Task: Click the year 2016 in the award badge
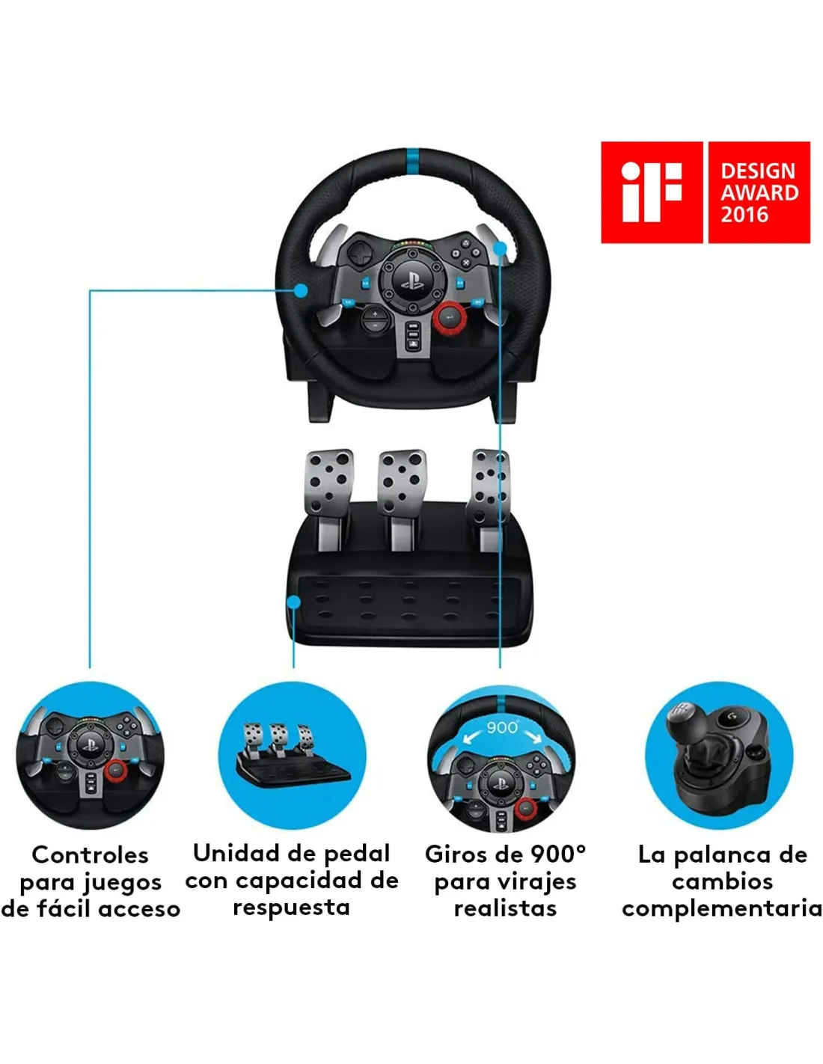click(x=744, y=215)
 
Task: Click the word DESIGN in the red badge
click(x=758, y=171)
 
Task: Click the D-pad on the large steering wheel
click(x=360, y=253)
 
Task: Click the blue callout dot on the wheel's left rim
click(x=301, y=290)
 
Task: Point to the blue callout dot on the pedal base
click(x=294, y=602)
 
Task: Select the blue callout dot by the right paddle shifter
click(x=499, y=248)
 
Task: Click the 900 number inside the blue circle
click(x=502, y=727)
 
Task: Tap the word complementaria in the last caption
click(x=722, y=909)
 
